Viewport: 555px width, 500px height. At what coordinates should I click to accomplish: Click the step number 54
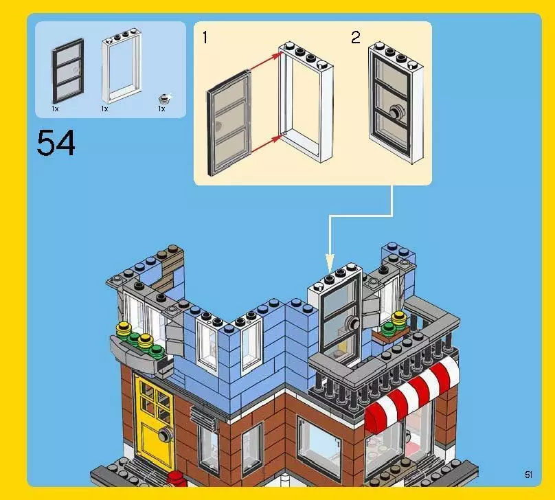[x=56, y=143]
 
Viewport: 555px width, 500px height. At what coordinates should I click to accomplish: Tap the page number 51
[x=528, y=475]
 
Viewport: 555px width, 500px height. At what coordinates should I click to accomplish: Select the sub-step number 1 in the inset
[x=205, y=38]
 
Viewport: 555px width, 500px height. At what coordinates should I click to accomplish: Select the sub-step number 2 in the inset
[x=355, y=38]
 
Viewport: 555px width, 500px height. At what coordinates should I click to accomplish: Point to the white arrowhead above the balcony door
[x=329, y=262]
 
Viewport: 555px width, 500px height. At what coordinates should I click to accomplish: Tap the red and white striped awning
[x=412, y=393]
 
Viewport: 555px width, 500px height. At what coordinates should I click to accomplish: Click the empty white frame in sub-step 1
[x=306, y=103]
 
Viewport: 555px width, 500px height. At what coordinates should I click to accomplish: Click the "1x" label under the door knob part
[x=161, y=109]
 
